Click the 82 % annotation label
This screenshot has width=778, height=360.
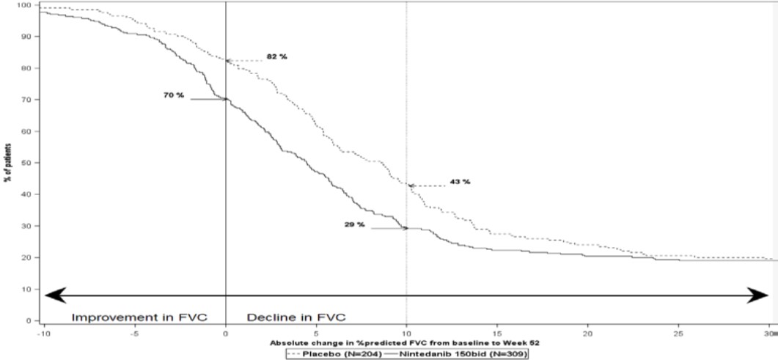point(277,56)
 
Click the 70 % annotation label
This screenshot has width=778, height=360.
point(174,95)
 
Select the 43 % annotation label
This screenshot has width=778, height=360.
point(460,181)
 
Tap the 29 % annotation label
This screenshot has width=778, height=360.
point(355,224)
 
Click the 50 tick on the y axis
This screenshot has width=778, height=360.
point(26,163)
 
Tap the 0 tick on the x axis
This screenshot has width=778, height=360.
point(225,331)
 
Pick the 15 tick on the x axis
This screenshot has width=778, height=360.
point(497,331)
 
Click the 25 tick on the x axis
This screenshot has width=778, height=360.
point(678,331)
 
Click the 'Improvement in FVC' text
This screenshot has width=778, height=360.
point(139,317)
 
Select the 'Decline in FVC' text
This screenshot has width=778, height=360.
point(296,317)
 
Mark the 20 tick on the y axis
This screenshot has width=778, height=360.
point(26,257)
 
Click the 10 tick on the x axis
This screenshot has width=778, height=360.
point(406,331)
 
